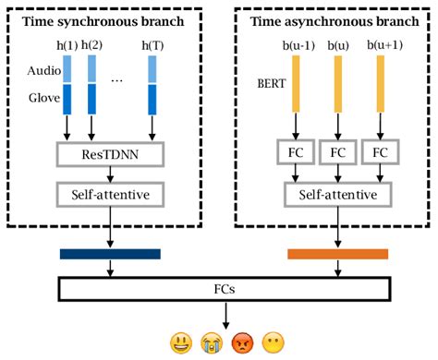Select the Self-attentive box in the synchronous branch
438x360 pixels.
[x=110, y=196]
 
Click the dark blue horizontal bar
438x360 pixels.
[x=110, y=254]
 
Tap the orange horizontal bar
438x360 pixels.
[x=337, y=254]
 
